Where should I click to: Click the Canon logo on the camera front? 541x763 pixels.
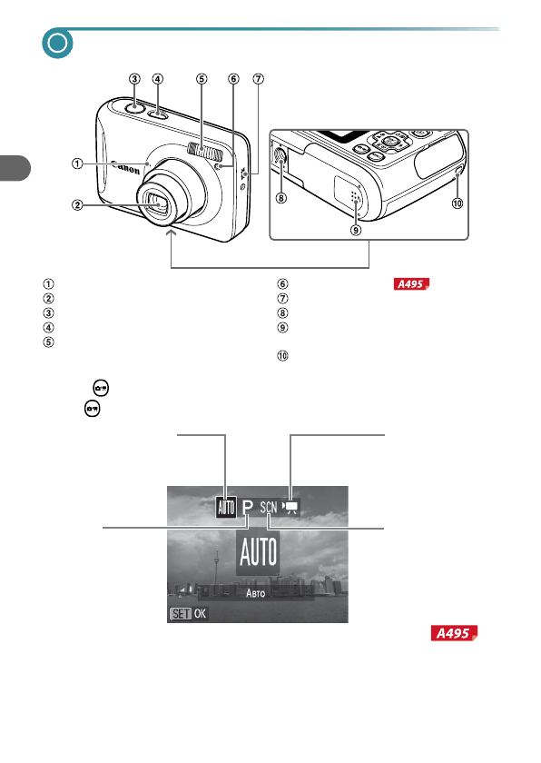(125, 167)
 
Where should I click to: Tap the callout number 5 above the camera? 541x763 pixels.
(202, 79)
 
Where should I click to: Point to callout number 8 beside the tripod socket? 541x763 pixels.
(281, 198)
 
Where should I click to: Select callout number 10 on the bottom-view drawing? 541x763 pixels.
(457, 203)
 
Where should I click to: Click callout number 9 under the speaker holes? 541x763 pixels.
(356, 229)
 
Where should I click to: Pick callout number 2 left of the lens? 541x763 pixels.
(77, 205)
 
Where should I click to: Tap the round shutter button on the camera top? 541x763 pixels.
(134, 107)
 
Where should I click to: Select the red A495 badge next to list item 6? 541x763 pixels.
(412, 283)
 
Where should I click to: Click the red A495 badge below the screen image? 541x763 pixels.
(454, 633)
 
